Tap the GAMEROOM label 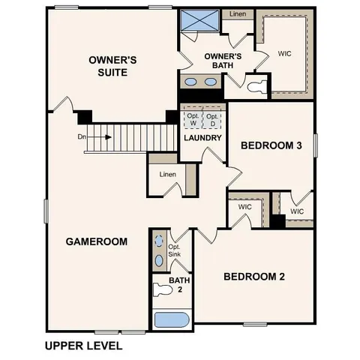96,241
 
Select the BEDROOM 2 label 254,276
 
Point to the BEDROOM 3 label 271,145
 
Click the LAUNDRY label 202,138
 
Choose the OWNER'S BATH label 223,60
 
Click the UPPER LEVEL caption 82,346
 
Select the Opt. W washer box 193,120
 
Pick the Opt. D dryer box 213,120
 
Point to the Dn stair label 82,137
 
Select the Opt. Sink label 174,250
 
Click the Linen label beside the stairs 167,175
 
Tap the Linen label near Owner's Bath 238,14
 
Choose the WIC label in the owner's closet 284,54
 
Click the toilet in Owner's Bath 257,86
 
